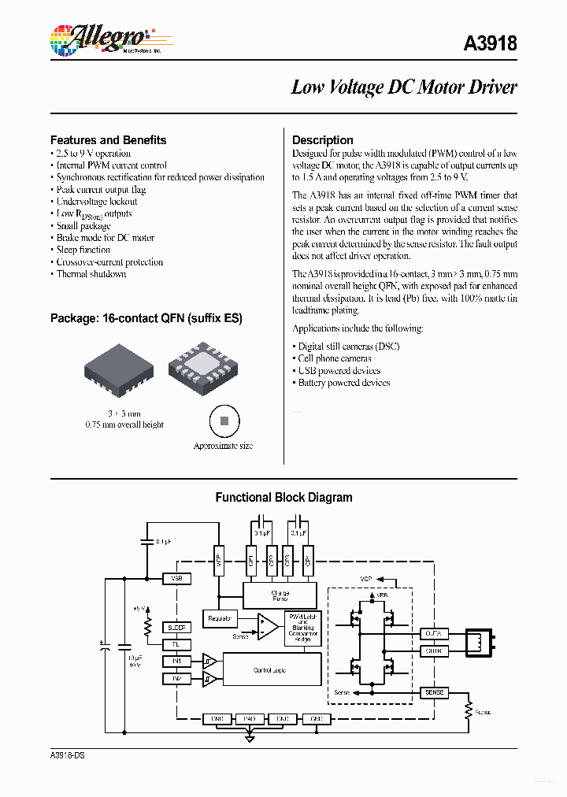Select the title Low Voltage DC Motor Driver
coord(404,87)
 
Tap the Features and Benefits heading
coord(109,140)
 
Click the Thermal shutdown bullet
coord(91,274)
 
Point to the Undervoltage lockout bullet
coord(96,202)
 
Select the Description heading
coord(323,140)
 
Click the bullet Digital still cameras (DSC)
coord(349,347)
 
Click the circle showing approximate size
coord(224,421)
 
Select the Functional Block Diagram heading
coord(283,498)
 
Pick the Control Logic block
coord(272,669)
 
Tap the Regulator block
coord(220,620)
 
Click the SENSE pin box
coord(434,692)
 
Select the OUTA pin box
coord(434,632)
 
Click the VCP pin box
coord(219,562)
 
